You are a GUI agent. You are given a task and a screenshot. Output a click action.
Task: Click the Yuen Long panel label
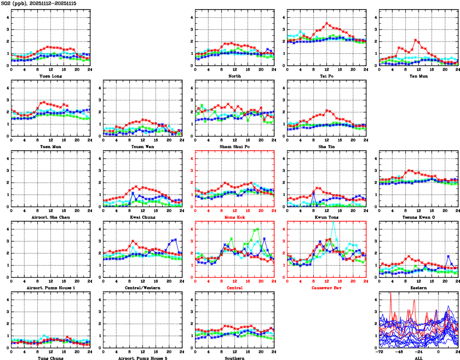[x=50, y=76]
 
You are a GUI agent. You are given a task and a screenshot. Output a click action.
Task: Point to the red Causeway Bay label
[x=327, y=288]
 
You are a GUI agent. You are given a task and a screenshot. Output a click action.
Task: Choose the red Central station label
[x=234, y=288]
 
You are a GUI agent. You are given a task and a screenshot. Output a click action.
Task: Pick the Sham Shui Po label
[x=234, y=146]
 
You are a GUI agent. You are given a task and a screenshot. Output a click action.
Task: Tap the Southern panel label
[x=234, y=358]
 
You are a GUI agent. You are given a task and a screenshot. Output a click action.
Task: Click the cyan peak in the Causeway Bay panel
[x=333, y=223]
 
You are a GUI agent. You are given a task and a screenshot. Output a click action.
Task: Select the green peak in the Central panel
[x=258, y=229]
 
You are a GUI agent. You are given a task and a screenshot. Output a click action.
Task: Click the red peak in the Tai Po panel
[x=327, y=23]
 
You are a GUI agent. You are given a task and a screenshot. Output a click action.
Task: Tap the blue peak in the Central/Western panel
[x=175, y=239]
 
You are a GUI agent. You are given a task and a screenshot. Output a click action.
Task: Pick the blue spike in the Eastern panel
[x=448, y=257]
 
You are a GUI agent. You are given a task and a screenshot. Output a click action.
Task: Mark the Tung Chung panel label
[x=50, y=358]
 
